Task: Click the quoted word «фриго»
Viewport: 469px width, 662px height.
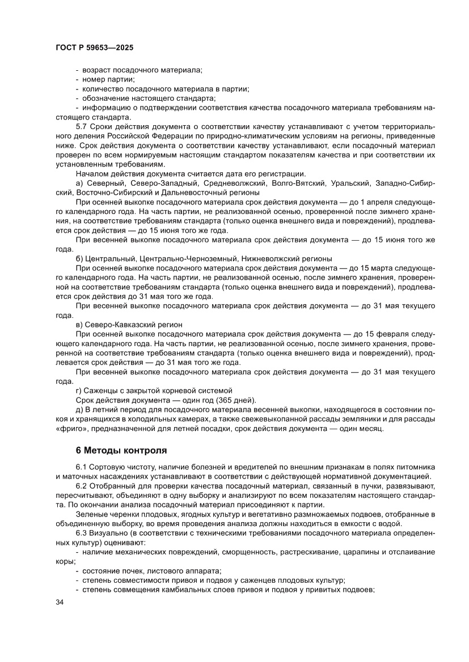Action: (73, 428)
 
